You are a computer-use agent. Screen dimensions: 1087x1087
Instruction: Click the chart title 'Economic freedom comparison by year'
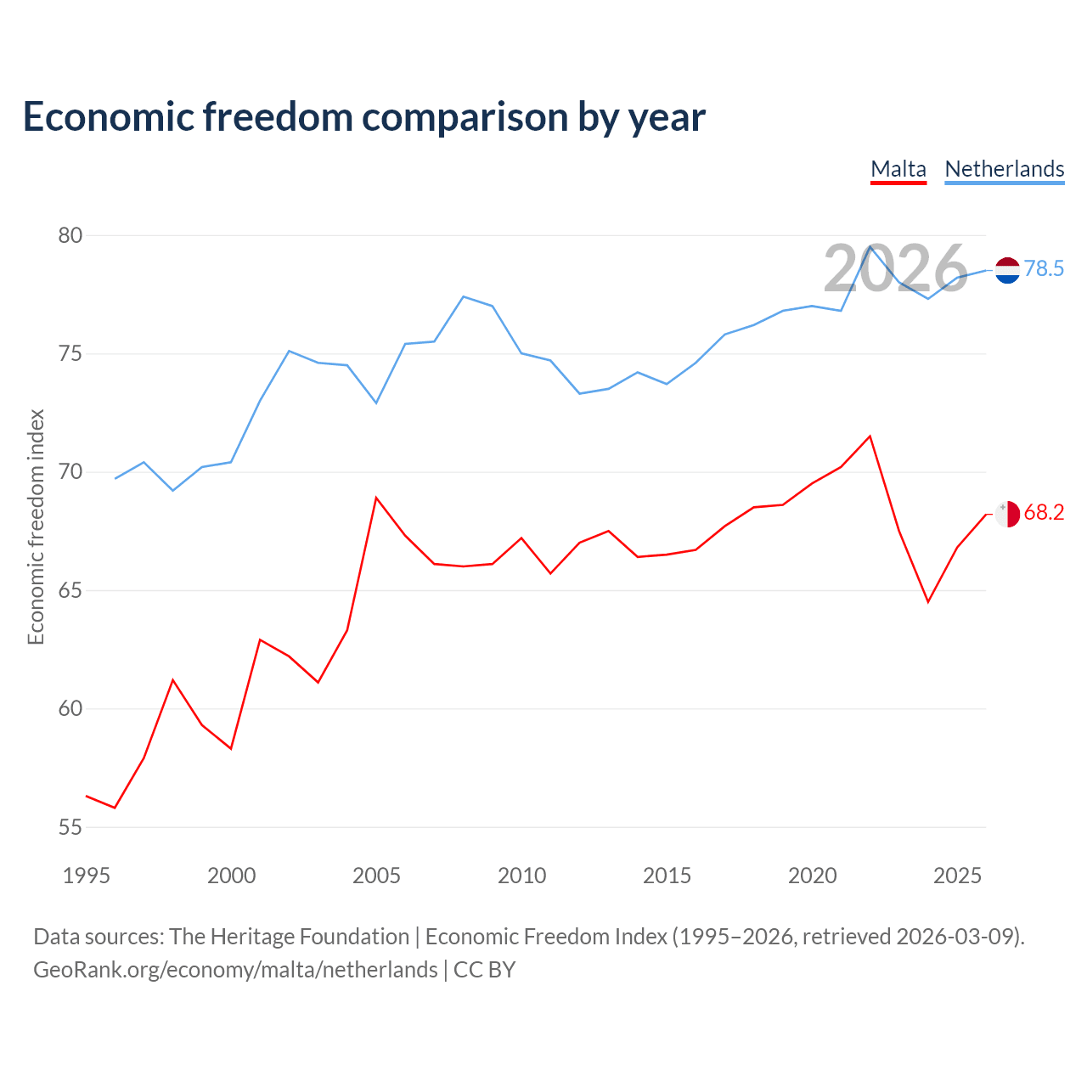[x=363, y=117]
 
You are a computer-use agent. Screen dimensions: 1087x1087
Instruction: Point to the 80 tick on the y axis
[x=70, y=235]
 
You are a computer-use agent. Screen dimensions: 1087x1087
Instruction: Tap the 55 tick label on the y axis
[x=70, y=827]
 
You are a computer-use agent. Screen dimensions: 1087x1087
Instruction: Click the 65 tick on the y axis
[x=70, y=590]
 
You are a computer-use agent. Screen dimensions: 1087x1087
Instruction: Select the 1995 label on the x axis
[x=87, y=876]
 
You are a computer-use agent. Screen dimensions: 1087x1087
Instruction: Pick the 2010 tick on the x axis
[x=521, y=876]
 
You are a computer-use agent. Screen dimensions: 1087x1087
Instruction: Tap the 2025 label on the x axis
[x=957, y=876]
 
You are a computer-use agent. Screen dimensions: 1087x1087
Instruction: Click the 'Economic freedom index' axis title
[x=37, y=527]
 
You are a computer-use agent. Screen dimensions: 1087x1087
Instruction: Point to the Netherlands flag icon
[x=1007, y=270]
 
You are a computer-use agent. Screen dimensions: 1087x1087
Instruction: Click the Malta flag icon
[x=1007, y=514]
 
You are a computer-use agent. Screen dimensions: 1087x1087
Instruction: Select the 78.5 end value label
[x=1045, y=268]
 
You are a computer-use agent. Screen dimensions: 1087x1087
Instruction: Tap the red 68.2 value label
[x=1045, y=512]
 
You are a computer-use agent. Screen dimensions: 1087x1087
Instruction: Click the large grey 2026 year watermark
[x=896, y=268]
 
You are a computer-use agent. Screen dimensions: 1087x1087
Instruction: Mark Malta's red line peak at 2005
[x=376, y=498]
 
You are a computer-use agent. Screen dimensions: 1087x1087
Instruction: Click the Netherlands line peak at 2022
[x=870, y=246]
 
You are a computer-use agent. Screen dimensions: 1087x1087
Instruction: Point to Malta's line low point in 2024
[x=928, y=602]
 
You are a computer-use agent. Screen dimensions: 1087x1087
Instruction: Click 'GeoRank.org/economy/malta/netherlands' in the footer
[x=236, y=970]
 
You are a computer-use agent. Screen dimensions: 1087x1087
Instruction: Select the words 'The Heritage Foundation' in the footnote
[x=290, y=937]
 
